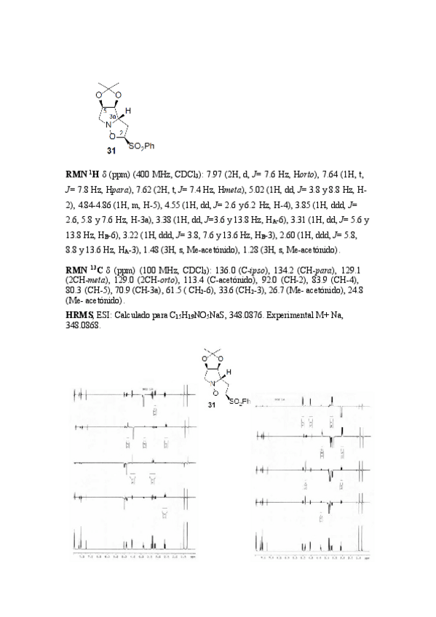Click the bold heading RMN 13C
tap(82, 268)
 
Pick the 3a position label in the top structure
tap(114, 116)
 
